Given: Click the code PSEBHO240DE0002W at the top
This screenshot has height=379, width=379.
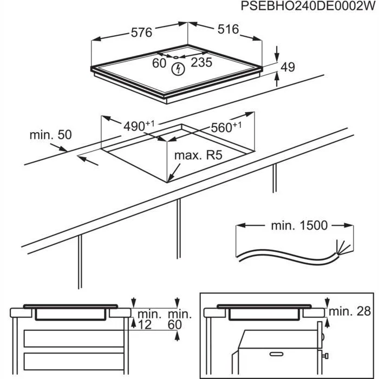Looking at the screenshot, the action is coord(308,6).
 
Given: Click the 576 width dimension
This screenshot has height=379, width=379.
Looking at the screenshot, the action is coord(141,32).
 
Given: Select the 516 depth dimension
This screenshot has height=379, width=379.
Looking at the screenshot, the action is coord(228,29).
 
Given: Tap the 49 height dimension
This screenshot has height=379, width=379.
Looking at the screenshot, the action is coord(287,67).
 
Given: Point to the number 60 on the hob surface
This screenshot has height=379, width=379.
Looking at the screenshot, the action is coord(159,63).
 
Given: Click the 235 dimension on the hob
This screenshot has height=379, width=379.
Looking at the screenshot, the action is coord(201,62).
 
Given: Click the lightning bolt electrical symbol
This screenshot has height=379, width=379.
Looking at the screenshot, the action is coord(178,69).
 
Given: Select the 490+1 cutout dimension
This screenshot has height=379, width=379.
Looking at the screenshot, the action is coord(139,126).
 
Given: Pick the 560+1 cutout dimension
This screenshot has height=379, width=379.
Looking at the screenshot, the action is coord(226,127).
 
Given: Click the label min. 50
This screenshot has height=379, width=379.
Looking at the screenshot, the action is coord(50,135).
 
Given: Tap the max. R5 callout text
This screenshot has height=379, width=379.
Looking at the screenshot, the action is coord(198,155).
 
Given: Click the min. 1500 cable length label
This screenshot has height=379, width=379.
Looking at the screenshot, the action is coord(299,225).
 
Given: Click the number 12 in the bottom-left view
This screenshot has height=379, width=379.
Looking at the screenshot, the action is coord(145,324).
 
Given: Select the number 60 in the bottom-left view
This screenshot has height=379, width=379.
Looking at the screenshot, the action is coord(174,324).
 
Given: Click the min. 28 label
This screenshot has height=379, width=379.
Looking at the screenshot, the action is coord(350,311).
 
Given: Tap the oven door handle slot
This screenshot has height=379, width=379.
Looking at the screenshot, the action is coord(276,354).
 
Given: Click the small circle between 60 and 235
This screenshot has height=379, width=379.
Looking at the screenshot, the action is coord(176,57).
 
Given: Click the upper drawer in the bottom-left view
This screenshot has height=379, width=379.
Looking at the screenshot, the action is coord(74,338).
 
